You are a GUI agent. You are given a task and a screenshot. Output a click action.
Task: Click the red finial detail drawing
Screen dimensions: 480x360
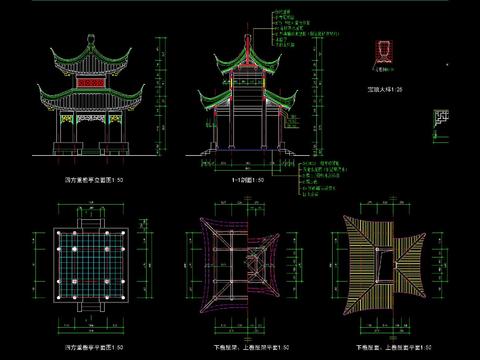click(381, 51)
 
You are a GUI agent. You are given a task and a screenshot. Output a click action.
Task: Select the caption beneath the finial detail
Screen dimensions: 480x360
click(382, 89)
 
